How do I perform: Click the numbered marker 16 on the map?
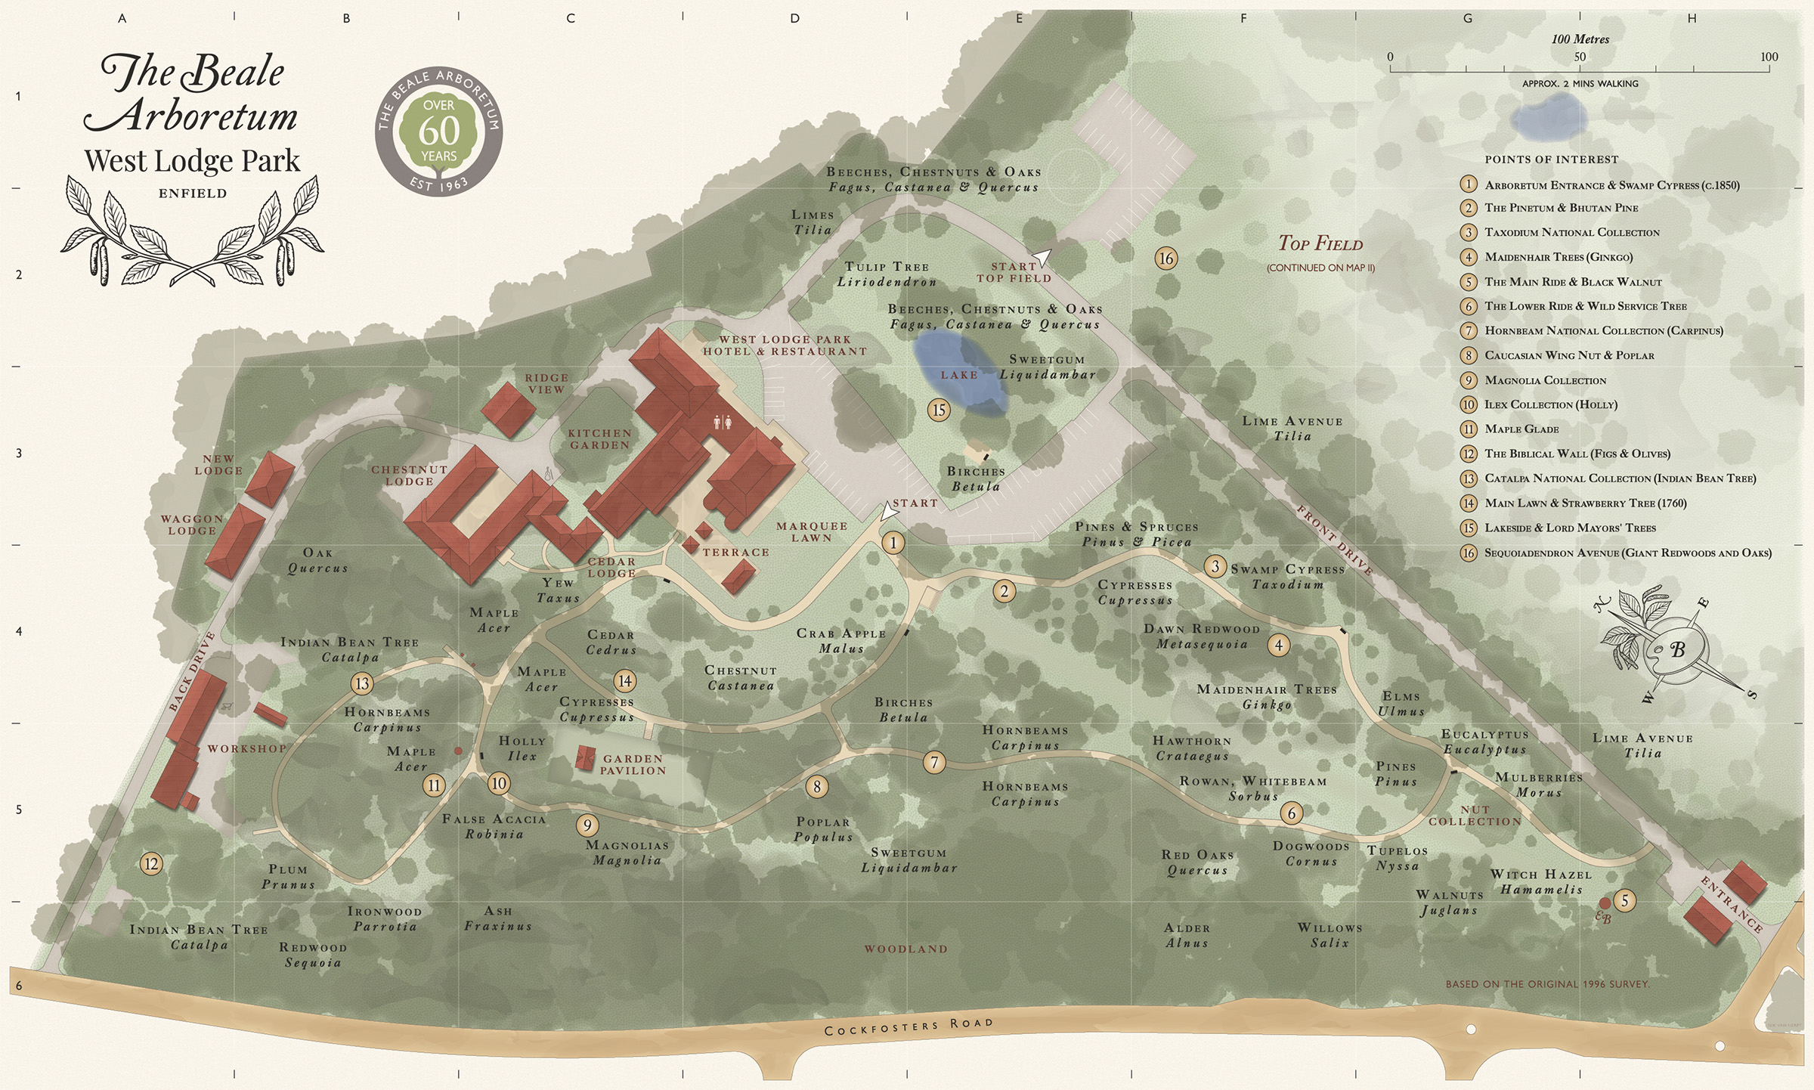pyautogui.click(x=1166, y=259)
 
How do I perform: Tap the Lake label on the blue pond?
pyautogui.click(x=958, y=375)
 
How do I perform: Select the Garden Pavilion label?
pyautogui.click(x=633, y=764)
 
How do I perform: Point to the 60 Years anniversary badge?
pyautogui.click(x=439, y=132)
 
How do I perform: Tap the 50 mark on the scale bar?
pyautogui.click(x=1579, y=57)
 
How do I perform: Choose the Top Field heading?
pyautogui.click(x=1320, y=243)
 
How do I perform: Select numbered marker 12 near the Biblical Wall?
pyautogui.click(x=151, y=863)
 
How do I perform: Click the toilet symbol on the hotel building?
pyautogui.click(x=723, y=423)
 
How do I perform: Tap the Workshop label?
pyautogui.click(x=247, y=748)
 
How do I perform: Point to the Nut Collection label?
pyautogui.click(x=1475, y=816)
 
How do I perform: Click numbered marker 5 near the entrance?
pyautogui.click(x=1624, y=900)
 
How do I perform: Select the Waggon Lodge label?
pyautogui.click(x=192, y=525)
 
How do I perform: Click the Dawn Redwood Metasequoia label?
pyautogui.click(x=1201, y=636)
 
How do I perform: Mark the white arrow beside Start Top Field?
pyautogui.click(x=1042, y=258)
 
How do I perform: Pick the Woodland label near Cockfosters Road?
pyautogui.click(x=905, y=949)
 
